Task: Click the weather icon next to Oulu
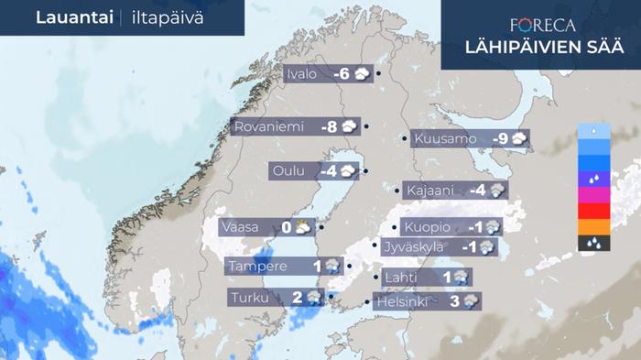tap(349, 171)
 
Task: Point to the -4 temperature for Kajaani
tap(477, 191)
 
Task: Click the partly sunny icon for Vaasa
tap(303, 227)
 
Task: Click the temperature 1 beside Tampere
tap(318, 267)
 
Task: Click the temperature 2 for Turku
tap(297, 297)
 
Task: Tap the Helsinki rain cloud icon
tap(471, 300)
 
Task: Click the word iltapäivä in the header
tap(165, 17)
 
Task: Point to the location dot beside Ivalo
tap(378, 75)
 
